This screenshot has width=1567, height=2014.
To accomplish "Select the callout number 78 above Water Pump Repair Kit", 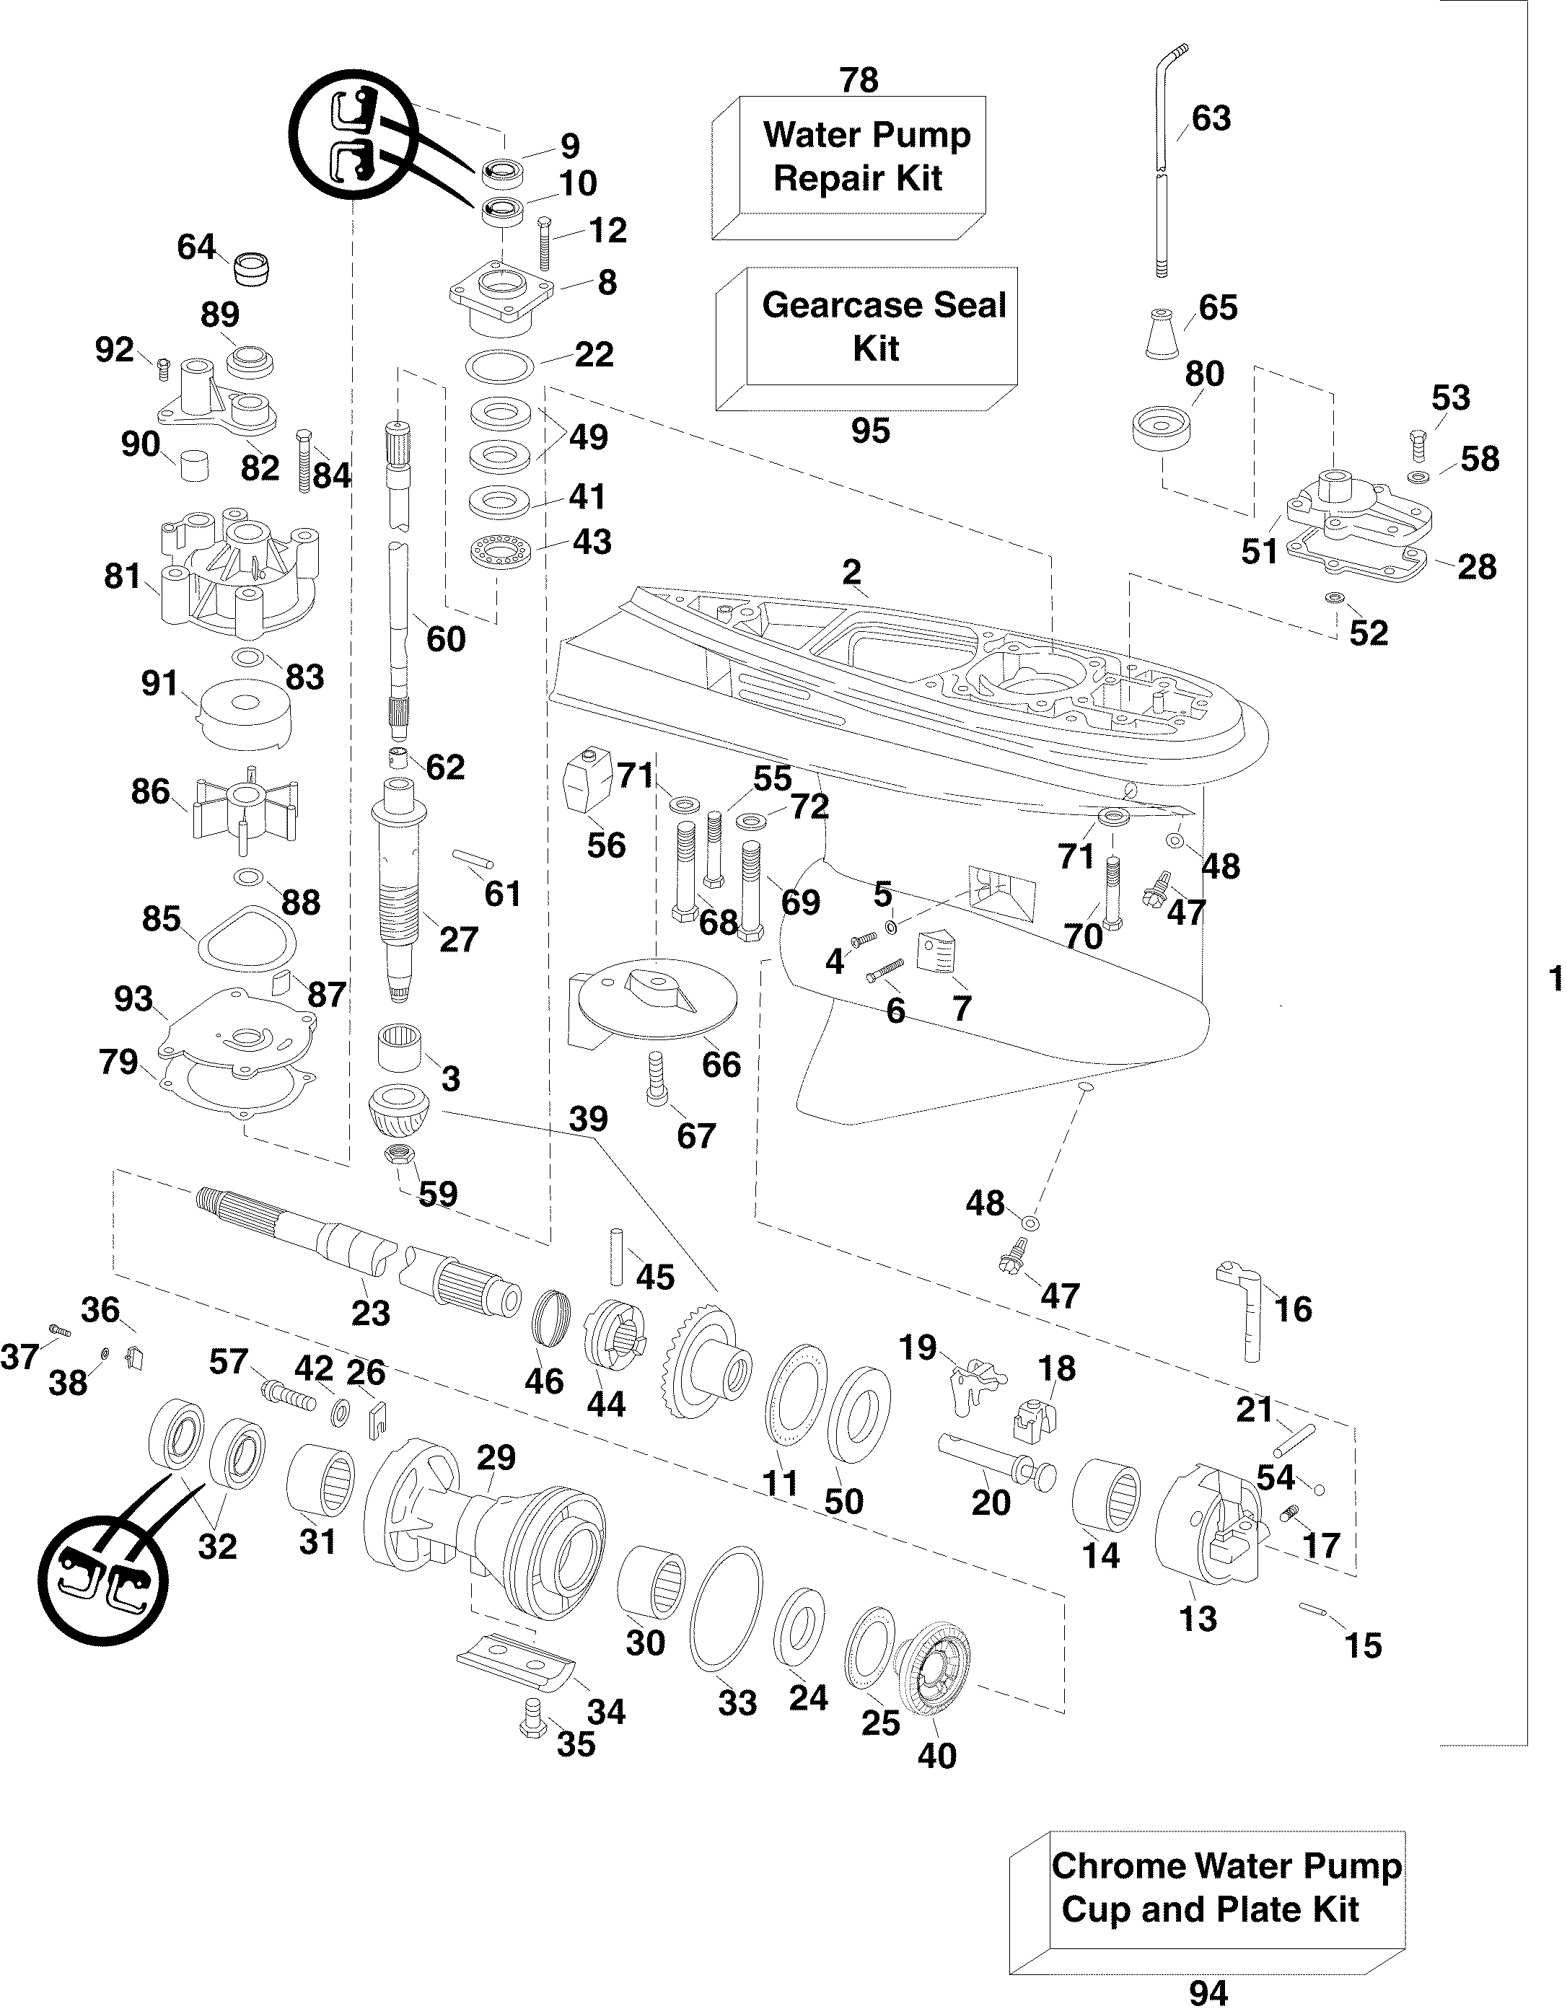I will pyautogui.click(x=859, y=80).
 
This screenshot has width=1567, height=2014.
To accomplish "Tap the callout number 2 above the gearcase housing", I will pyautogui.click(x=851, y=572).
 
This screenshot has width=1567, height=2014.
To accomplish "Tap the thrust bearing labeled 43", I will pyautogui.click(x=499, y=553).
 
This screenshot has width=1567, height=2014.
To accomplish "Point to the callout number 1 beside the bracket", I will pyautogui.click(x=1555, y=976).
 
